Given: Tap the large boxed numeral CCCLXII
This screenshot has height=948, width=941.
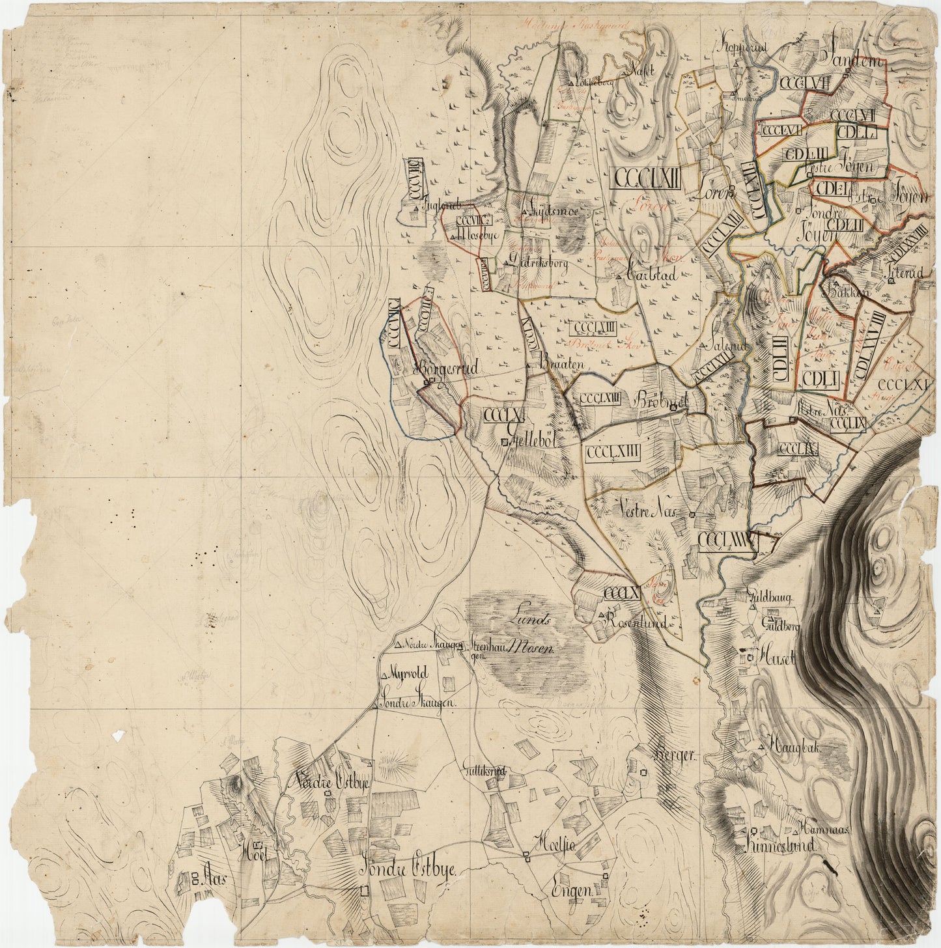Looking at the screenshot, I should coord(646,177).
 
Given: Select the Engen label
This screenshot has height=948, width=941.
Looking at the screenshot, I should coord(571,891).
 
